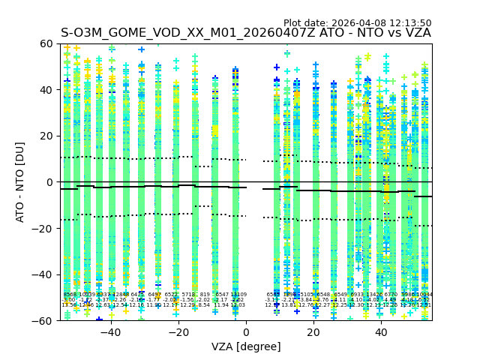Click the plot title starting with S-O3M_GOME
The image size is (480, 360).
(245, 33)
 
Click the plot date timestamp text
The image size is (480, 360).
(357, 23)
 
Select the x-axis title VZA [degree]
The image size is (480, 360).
(245, 346)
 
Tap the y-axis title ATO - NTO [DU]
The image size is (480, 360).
(20, 182)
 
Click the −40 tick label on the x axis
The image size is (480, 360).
(110, 331)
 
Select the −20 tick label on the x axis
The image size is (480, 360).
(178, 331)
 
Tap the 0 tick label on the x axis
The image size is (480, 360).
(246, 331)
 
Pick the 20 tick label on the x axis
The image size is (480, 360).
(313, 331)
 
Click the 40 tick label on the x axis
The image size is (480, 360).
(381, 331)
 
